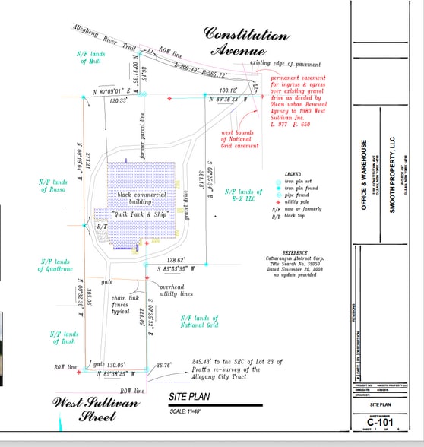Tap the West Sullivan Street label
pyautogui.click(x=94, y=409)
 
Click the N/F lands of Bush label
pyautogui.click(x=65, y=338)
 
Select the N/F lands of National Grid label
pyautogui.click(x=200, y=322)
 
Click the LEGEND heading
pyautogui.click(x=293, y=174)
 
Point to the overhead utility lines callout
pyautogui.click(x=176, y=290)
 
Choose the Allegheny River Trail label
pyautogui.click(x=103, y=38)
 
